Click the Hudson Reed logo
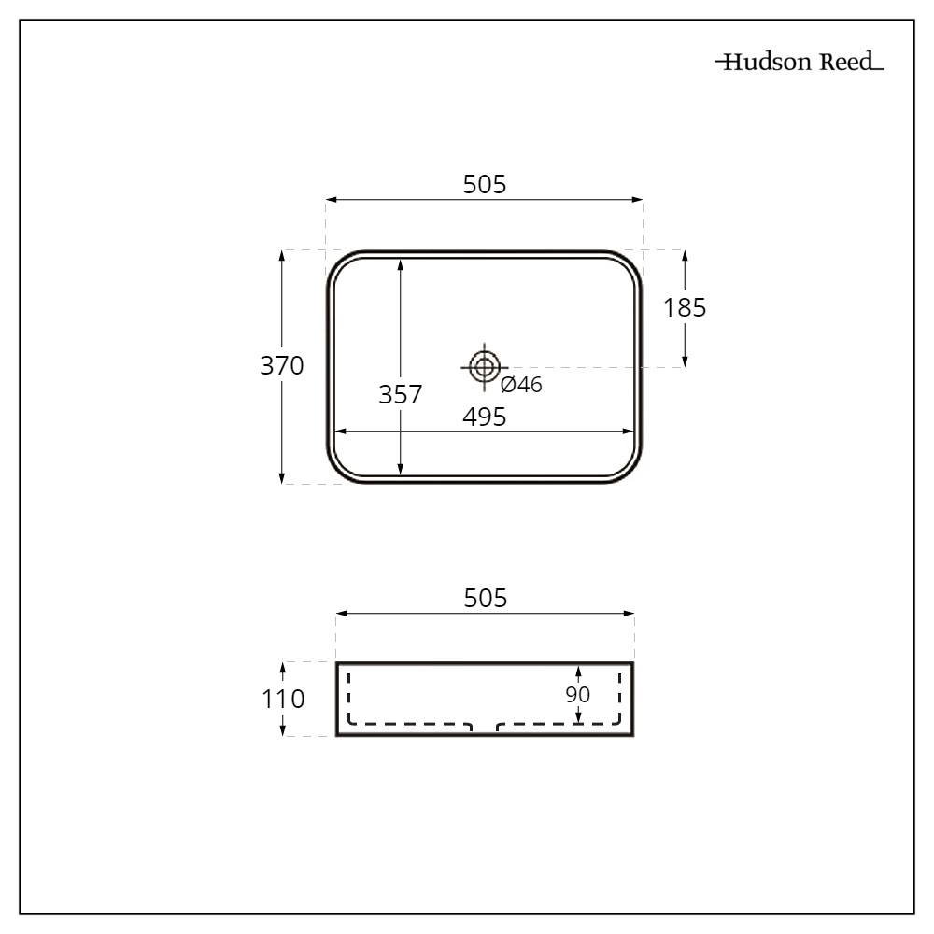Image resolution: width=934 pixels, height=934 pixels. pyautogui.click(x=800, y=64)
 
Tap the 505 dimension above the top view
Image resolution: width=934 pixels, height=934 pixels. pyautogui.click(x=485, y=185)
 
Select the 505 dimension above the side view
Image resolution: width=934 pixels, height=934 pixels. pyautogui.click(x=485, y=599)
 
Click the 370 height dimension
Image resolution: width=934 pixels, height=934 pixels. pyautogui.click(x=282, y=366)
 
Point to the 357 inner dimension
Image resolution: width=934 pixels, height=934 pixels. pyautogui.click(x=400, y=395)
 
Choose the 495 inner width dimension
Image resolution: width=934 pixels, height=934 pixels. pyautogui.click(x=485, y=417)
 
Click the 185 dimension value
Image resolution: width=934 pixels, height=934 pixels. pyautogui.click(x=685, y=307)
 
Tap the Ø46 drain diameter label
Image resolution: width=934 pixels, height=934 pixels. pyautogui.click(x=521, y=385)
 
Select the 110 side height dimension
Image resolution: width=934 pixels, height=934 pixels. pyautogui.click(x=283, y=699)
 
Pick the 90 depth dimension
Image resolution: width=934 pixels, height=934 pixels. pyautogui.click(x=578, y=695)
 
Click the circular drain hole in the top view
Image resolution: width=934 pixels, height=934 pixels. pyautogui.click(x=483, y=367)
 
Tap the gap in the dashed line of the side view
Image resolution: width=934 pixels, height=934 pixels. pyautogui.click(x=484, y=726)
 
